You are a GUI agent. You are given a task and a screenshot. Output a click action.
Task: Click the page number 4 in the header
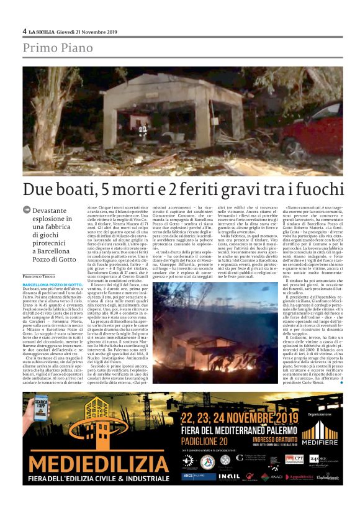[x=25, y=30]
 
